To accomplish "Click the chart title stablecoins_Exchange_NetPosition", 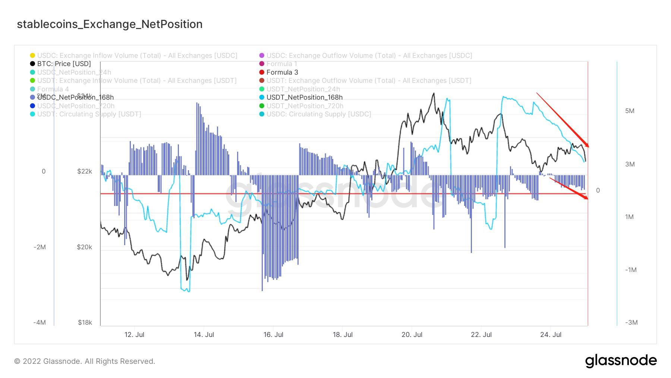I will pos(110,24).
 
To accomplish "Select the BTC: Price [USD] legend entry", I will pos(64,64).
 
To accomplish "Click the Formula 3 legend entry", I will pos(282,72).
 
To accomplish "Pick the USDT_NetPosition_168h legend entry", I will pos(304,97).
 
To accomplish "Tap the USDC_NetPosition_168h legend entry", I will pos(75,97).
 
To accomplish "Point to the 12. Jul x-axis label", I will pos(134,335).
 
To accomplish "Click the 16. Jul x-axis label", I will pos(273,335).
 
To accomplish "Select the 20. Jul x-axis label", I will pos(412,335).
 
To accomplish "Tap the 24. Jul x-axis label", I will pos(551,335).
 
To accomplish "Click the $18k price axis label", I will pos(85,322).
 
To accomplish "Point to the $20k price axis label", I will pos(85,247).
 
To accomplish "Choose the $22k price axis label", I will pos(85,171).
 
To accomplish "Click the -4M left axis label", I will pos(40,322).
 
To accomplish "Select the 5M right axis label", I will pos(630,111).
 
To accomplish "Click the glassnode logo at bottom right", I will pos(621,361).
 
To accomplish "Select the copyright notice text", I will pos(85,361).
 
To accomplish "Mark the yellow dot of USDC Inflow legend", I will pos(32,56).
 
